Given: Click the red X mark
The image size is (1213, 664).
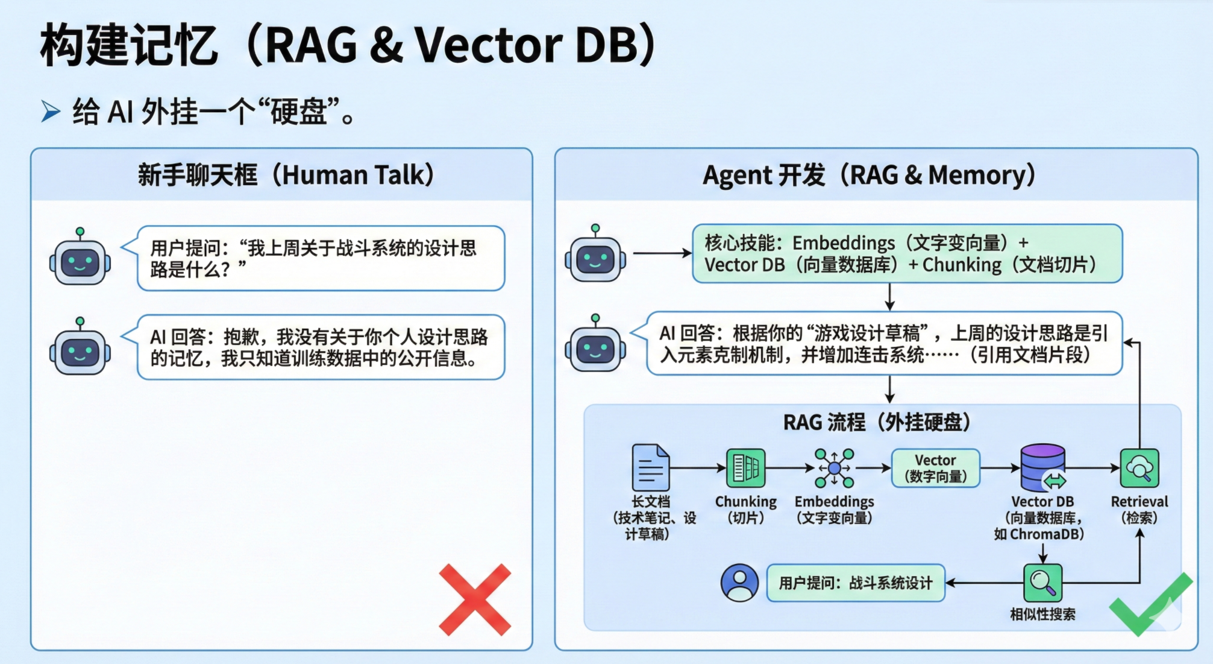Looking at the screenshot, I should pos(475,599).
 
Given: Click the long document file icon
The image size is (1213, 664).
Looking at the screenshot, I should pos(650,467).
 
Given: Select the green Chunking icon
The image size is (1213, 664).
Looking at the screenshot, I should pos(745,467).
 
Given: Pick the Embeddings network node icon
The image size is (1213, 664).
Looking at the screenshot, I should pos(834,467).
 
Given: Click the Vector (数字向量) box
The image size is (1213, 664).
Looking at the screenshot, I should pos(935,468).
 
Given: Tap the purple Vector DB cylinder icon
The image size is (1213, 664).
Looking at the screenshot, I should pos(1042,467).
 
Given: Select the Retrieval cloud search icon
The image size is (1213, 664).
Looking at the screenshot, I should pos(1139,467).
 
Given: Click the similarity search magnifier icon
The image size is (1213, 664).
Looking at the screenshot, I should pos(1042,583).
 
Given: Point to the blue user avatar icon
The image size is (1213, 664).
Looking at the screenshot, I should pos(739,583).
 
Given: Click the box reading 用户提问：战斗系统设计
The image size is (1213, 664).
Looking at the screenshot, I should pos(855,583).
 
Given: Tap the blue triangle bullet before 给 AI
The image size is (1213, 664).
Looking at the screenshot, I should pos(51,112).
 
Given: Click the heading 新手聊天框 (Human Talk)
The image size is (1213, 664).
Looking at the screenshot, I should pos(286,175).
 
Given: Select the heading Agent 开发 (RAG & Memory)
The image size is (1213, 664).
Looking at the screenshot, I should pos(869,175).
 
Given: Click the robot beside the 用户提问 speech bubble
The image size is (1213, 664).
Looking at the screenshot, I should pos(80,259).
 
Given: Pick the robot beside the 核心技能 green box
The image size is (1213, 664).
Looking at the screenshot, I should pos(595,256).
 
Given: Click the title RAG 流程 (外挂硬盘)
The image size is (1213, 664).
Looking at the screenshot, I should pos(877,422).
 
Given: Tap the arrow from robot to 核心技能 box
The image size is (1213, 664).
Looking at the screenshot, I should pos(662,253).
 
